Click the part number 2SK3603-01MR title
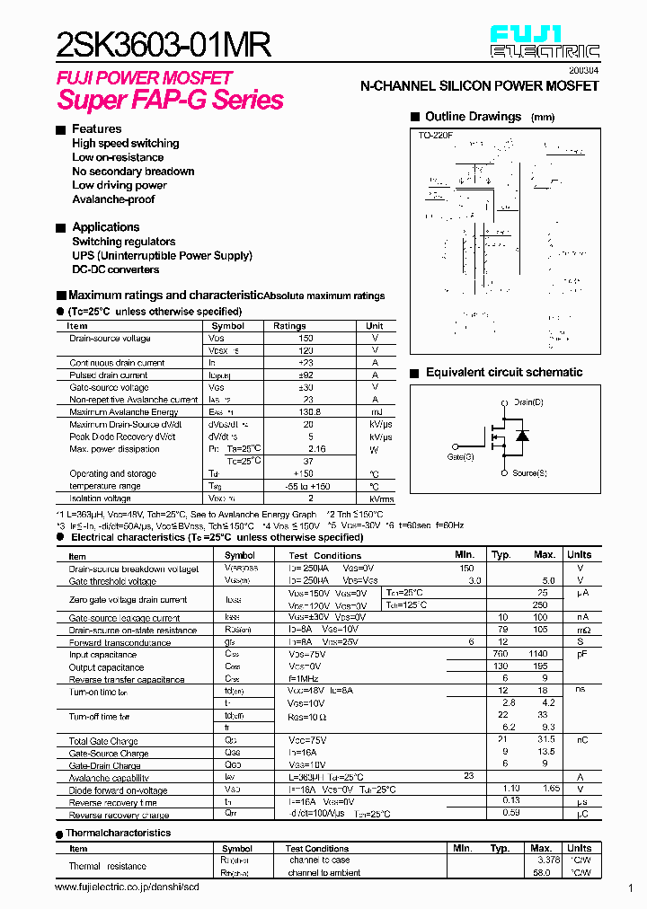(164, 44)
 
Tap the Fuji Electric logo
(545, 42)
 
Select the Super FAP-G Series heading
(171, 100)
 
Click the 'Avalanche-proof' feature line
(113, 199)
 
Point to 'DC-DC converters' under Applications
(116, 269)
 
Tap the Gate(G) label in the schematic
(460, 457)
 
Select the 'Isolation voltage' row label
(100, 498)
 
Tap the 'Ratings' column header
(289, 326)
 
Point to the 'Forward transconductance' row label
(120, 643)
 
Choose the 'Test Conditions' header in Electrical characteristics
(324, 555)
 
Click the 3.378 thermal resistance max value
(546, 860)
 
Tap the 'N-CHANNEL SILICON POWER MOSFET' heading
(479, 85)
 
